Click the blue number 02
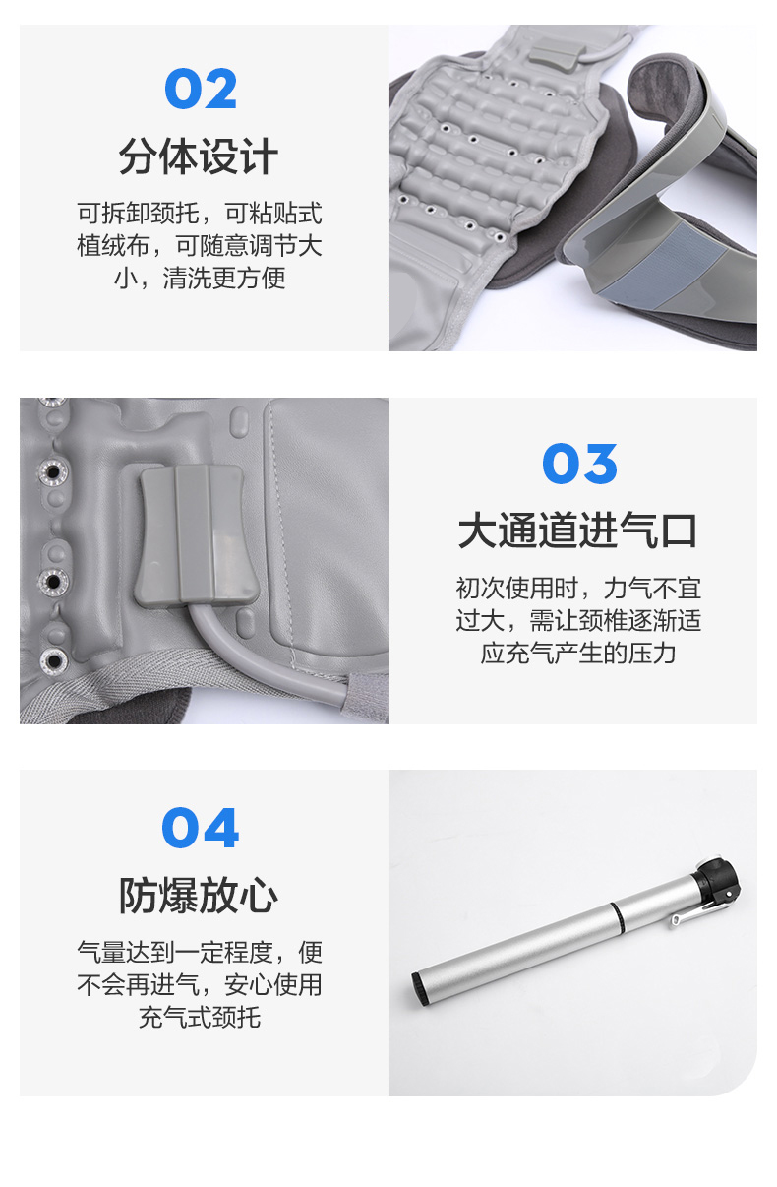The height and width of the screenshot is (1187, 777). pyautogui.click(x=201, y=89)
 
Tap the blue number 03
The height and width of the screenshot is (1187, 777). pyautogui.click(x=580, y=464)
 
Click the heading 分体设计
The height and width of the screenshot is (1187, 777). pyautogui.click(x=199, y=156)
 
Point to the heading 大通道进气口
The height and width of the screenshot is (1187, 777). pyautogui.click(x=578, y=531)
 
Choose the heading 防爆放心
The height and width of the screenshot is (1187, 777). pyautogui.click(x=199, y=896)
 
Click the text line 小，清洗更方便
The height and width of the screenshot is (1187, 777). pyautogui.click(x=200, y=278)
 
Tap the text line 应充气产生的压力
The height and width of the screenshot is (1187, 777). pyautogui.click(x=578, y=653)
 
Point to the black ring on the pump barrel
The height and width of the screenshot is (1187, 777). pyautogui.click(x=617, y=917)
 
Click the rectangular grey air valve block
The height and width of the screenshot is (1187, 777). pyautogui.click(x=196, y=535)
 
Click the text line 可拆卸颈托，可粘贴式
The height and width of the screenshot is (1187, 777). pyautogui.click(x=200, y=213)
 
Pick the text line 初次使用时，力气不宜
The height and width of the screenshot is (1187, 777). pyautogui.click(x=578, y=589)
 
